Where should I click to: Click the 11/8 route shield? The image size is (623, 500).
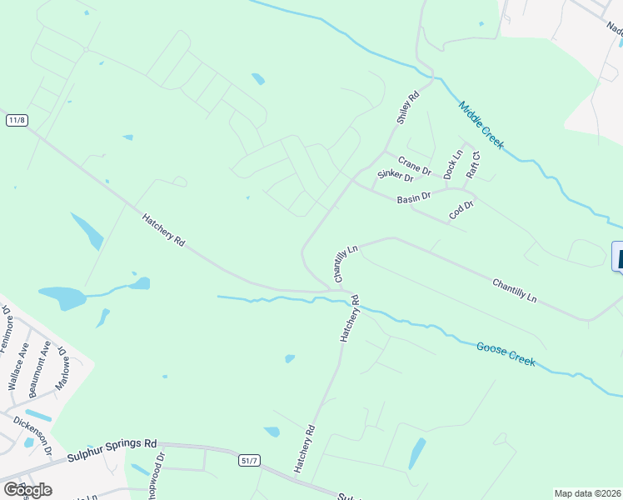coord(17,121)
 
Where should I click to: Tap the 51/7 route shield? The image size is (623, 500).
coord(249,459)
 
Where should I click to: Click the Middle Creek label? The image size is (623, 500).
coord(481,126)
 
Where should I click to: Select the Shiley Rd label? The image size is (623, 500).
coord(406,107)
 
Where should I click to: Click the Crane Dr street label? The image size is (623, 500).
coord(414,165)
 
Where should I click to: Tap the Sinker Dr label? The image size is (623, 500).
coord(395,175)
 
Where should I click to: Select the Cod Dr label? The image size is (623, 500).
coord(461,210)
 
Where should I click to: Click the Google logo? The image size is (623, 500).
coord(27,489)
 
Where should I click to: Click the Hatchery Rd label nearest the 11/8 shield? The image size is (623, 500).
coord(163,228)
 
